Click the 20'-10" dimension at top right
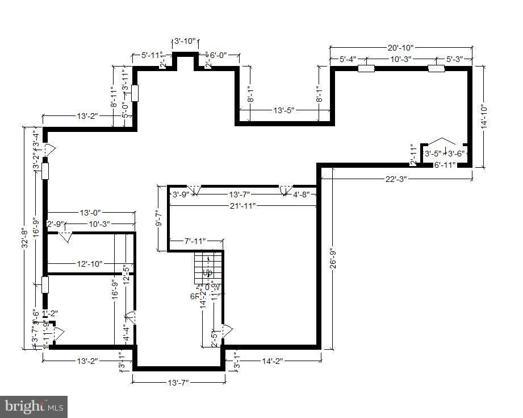tap(401, 48)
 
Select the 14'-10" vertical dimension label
tap(483, 117)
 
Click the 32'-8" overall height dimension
tap(25, 238)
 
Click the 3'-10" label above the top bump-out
tap(185, 41)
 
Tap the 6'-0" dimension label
tap(218, 55)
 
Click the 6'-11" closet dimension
tap(445, 165)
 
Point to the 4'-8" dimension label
tap(302, 194)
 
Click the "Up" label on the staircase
tap(207, 272)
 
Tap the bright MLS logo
tap(34, 407)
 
